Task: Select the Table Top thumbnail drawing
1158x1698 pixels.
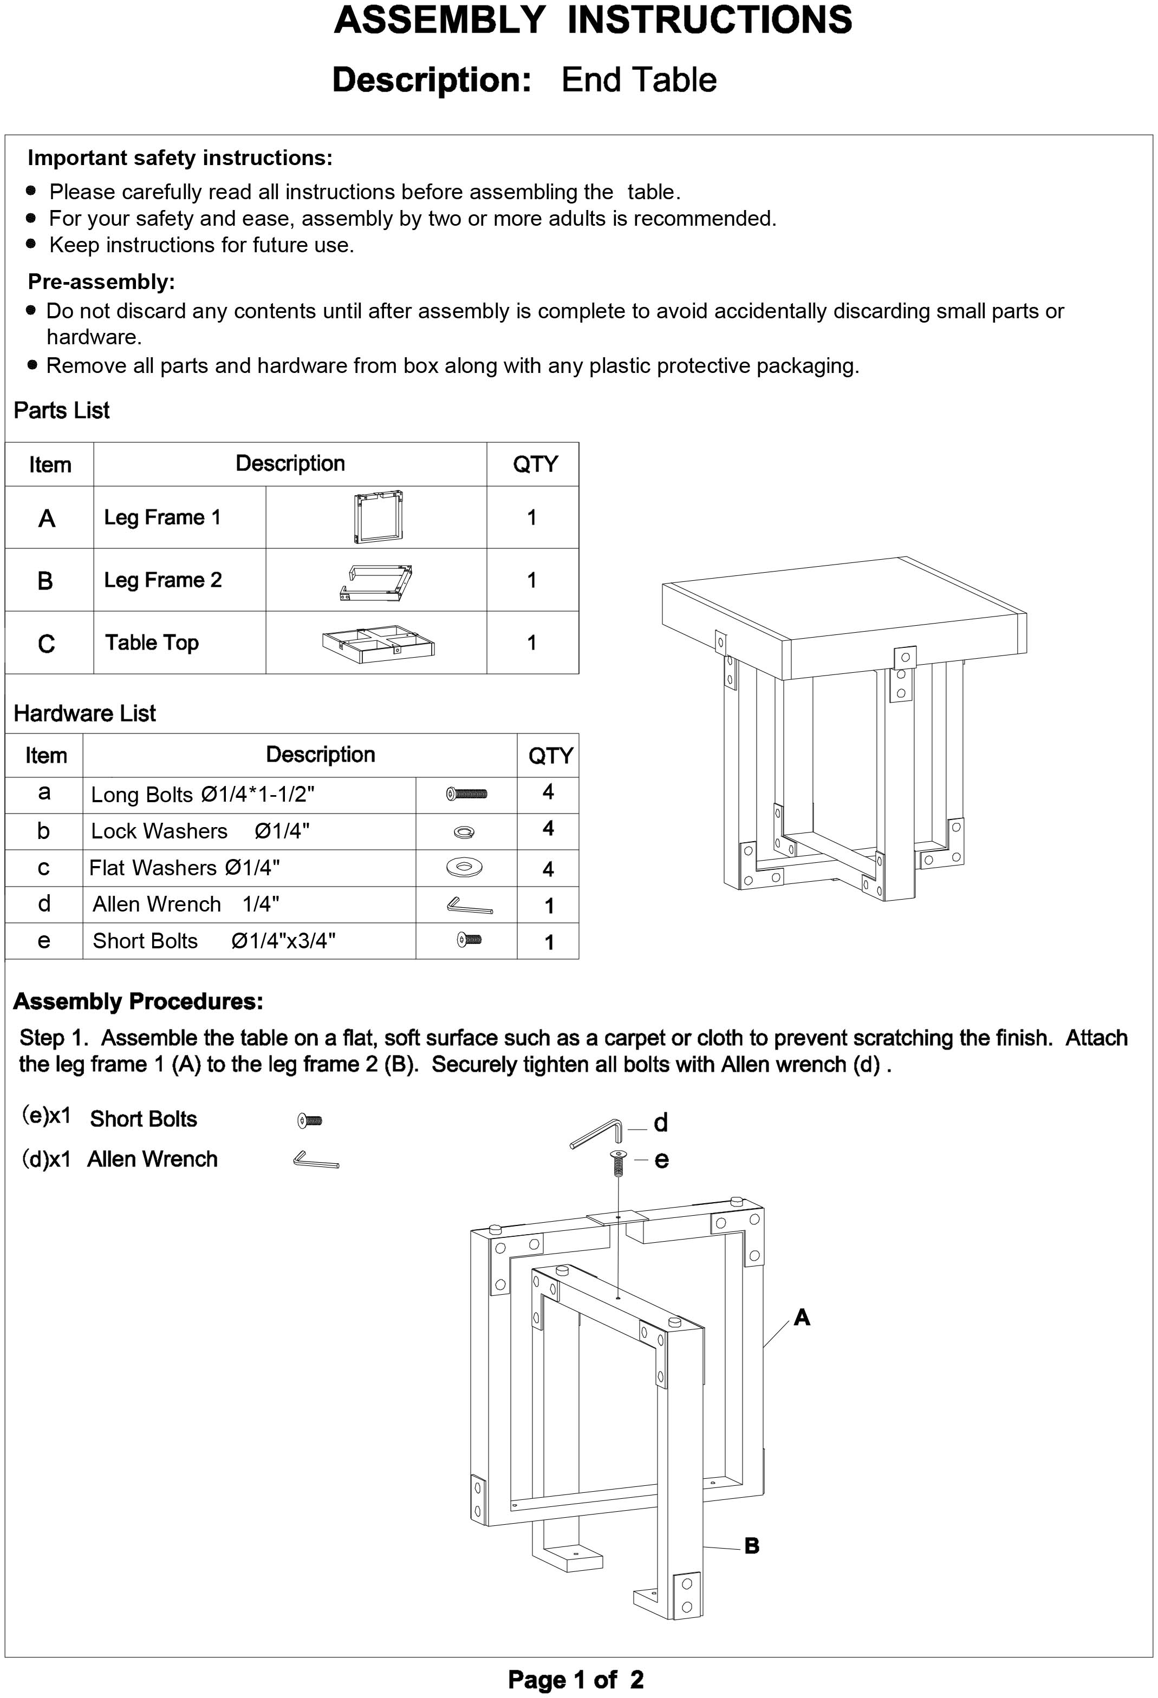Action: tap(378, 643)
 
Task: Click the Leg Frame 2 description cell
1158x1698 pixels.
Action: tap(162, 580)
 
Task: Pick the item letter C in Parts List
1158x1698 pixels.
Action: tap(46, 644)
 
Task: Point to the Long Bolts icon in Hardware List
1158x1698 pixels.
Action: tap(466, 794)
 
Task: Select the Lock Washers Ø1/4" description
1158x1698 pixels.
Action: tap(199, 831)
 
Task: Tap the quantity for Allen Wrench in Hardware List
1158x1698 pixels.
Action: tap(548, 906)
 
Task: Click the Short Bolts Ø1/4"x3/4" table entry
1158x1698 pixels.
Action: tap(213, 941)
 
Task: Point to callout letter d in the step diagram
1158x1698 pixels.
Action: tap(661, 1123)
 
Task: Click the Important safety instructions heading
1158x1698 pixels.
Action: tap(180, 158)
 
